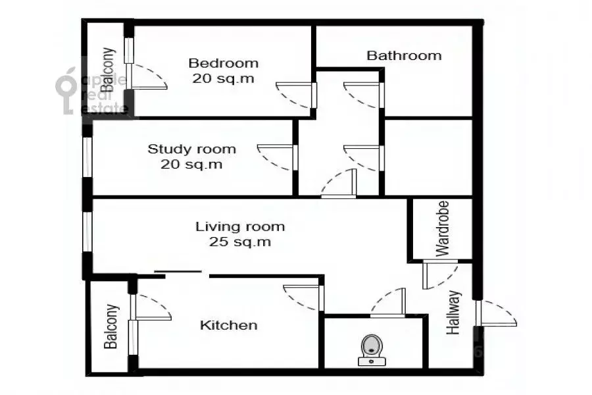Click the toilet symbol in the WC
click(x=372, y=350)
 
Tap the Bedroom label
click(x=224, y=63)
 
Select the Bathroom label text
click(x=404, y=55)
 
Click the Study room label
click(x=192, y=149)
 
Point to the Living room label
click(x=240, y=226)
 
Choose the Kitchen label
click(x=229, y=325)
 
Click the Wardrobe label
click(x=443, y=228)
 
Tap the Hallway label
click(x=453, y=312)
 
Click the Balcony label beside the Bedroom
click(x=108, y=70)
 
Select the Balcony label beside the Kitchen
click(x=111, y=327)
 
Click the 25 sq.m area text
click(x=240, y=242)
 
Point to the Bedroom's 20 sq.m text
click(x=223, y=78)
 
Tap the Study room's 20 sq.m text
click(x=191, y=165)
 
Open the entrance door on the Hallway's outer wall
click(x=496, y=313)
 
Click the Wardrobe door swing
click(x=440, y=275)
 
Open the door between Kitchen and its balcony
click(x=151, y=307)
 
